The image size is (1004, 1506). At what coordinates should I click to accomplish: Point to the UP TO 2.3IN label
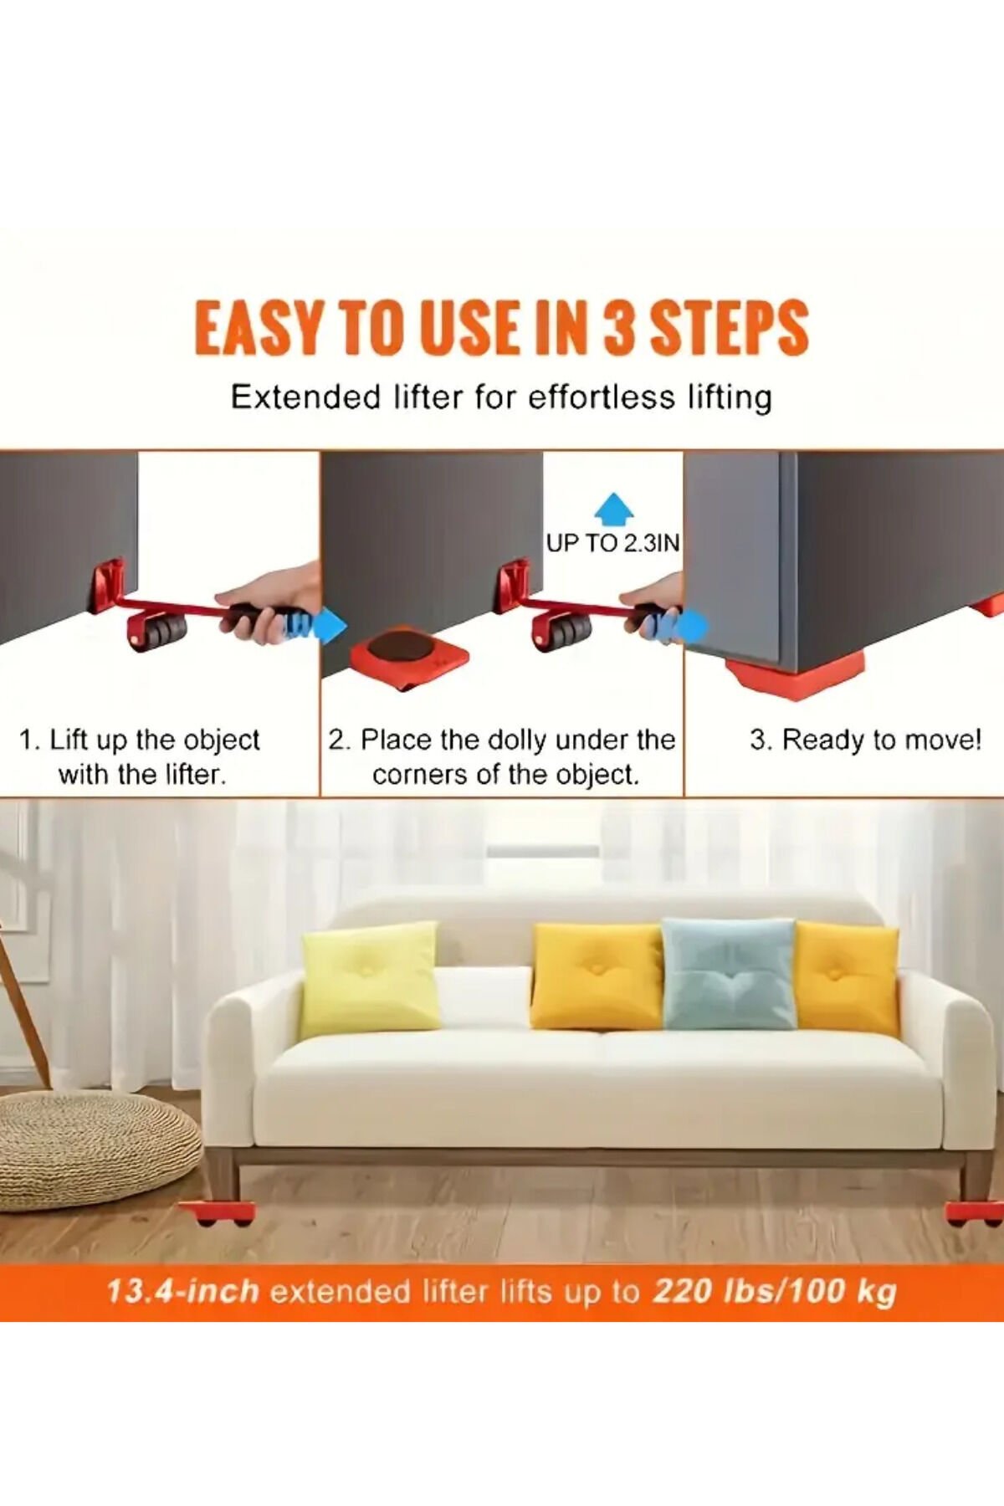[x=612, y=543]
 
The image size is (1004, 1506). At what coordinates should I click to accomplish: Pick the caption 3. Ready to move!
[x=865, y=740]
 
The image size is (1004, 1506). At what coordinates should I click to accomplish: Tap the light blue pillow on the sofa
[x=728, y=974]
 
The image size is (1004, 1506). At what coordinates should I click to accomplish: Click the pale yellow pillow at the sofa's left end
[x=369, y=980]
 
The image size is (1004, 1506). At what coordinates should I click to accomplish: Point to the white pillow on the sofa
[x=484, y=996]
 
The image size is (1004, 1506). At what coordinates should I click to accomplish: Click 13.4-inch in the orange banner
[x=182, y=1291]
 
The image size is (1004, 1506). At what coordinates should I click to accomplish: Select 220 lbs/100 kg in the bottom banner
[x=775, y=1291]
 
